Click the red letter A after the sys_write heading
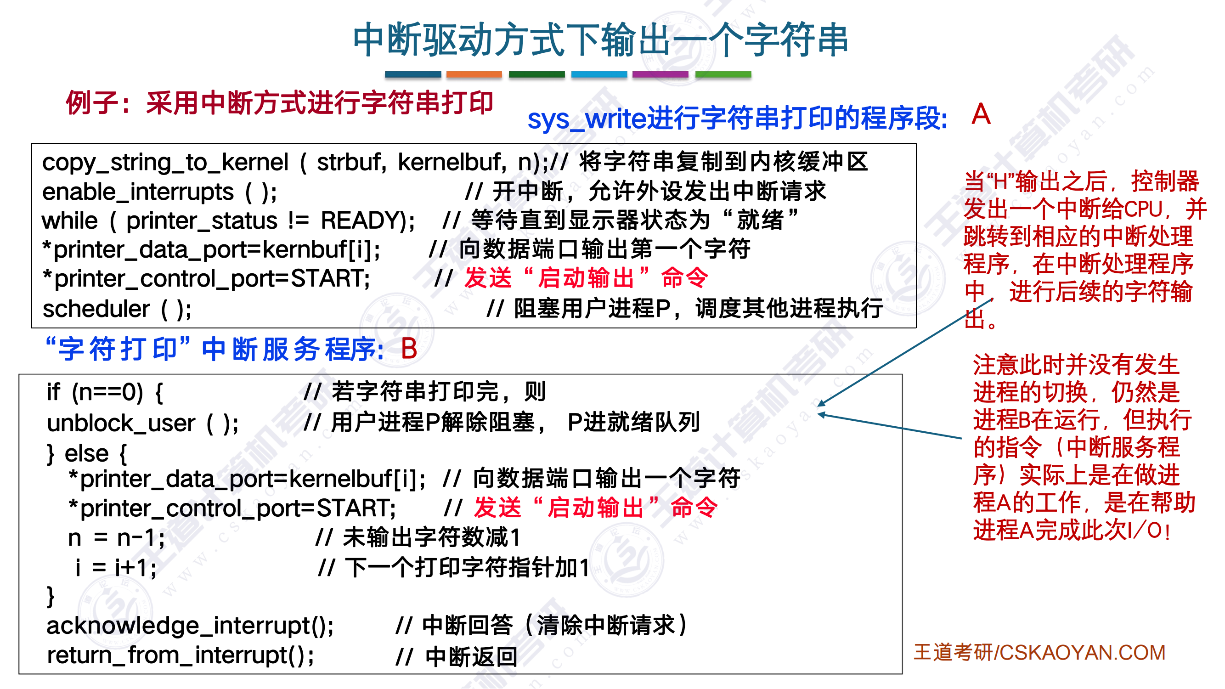(x=981, y=114)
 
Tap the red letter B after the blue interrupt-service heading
(x=409, y=349)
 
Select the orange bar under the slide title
(x=474, y=74)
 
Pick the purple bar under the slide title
(x=660, y=74)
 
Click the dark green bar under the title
(x=536, y=74)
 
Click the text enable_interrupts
(x=138, y=192)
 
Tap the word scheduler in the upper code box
(x=96, y=309)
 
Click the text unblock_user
(x=121, y=423)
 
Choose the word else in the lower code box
(x=87, y=454)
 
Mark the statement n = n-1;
(x=117, y=538)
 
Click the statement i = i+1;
(x=116, y=568)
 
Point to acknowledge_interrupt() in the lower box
(x=190, y=626)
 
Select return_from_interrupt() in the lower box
(x=180, y=656)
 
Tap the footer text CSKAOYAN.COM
(x=1082, y=653)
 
